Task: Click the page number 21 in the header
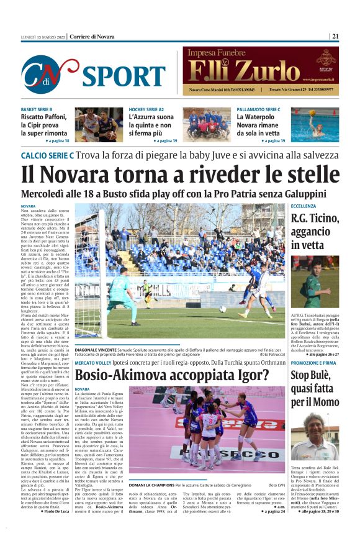tap(335, 36)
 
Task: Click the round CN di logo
tap(50, 74)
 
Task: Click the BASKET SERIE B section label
tap(37, 110)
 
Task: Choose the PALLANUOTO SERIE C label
tap(259, 110)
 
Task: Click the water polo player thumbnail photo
tap(315, 125)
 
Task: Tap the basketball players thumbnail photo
tap(99, 125)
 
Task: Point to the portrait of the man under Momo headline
tap(314, 435)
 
